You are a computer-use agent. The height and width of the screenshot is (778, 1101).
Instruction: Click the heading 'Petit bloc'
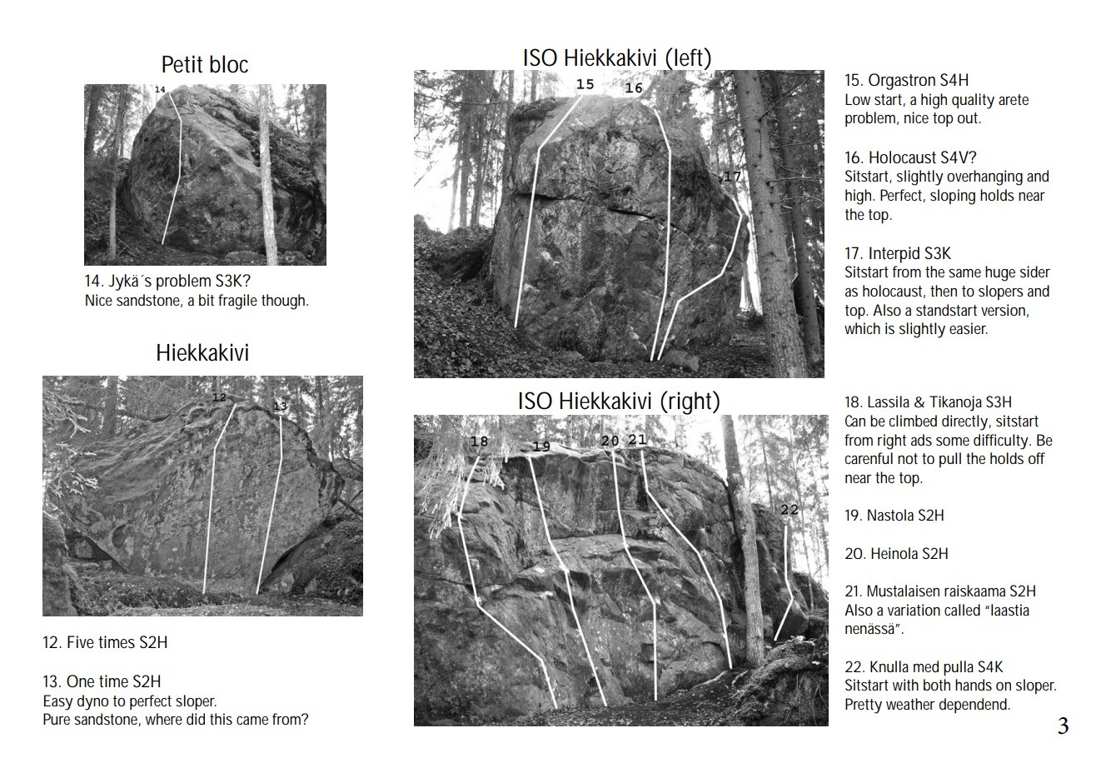pyautogui.click(x=205, y=64)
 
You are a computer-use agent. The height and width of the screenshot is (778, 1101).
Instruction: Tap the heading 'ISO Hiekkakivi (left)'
pyautogui.click(x=617, y=58)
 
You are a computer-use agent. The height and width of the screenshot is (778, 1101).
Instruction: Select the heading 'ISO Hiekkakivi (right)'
pyautogui.click(x=619, y=401)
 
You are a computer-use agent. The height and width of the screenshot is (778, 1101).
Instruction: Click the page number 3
pyautogui.click(x=1063, y=726)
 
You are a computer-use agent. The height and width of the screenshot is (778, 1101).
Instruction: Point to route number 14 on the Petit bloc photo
pyautogui.click(x=160, y=89)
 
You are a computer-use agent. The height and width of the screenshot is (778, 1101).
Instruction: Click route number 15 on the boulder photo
pyautogui.click(x=585, y=84)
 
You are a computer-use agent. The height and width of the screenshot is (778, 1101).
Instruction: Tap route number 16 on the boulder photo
pyautogui.click(x=634, y=88)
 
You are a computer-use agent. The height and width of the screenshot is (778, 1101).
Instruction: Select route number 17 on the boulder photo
pyautogui.click(x=732, y=176)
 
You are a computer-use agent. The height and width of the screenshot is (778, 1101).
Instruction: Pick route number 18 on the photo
pyautogui.click(x=479, y=441)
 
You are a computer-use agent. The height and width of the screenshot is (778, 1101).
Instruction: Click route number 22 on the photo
pyautogui.click(x=790, y=510)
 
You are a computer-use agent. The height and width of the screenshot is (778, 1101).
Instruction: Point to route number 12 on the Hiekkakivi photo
pyautogui.click(x=219, y=397)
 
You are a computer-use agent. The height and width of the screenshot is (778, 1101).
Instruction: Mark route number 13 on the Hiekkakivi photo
pyautogui.click(x=280, y=406)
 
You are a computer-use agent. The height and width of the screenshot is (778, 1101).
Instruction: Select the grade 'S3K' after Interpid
pyautogui.click(x=937, y=253)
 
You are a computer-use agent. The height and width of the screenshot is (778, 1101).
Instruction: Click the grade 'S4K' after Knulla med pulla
pyautogui.click(x=990, y=667)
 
